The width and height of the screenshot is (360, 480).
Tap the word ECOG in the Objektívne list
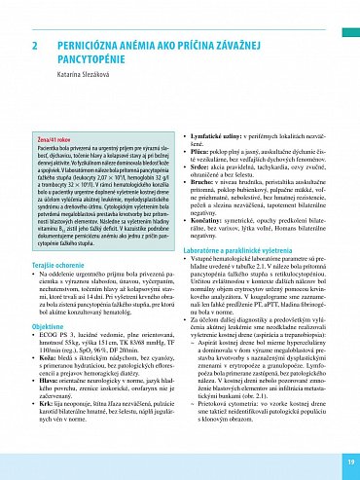[x=53, y=337]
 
